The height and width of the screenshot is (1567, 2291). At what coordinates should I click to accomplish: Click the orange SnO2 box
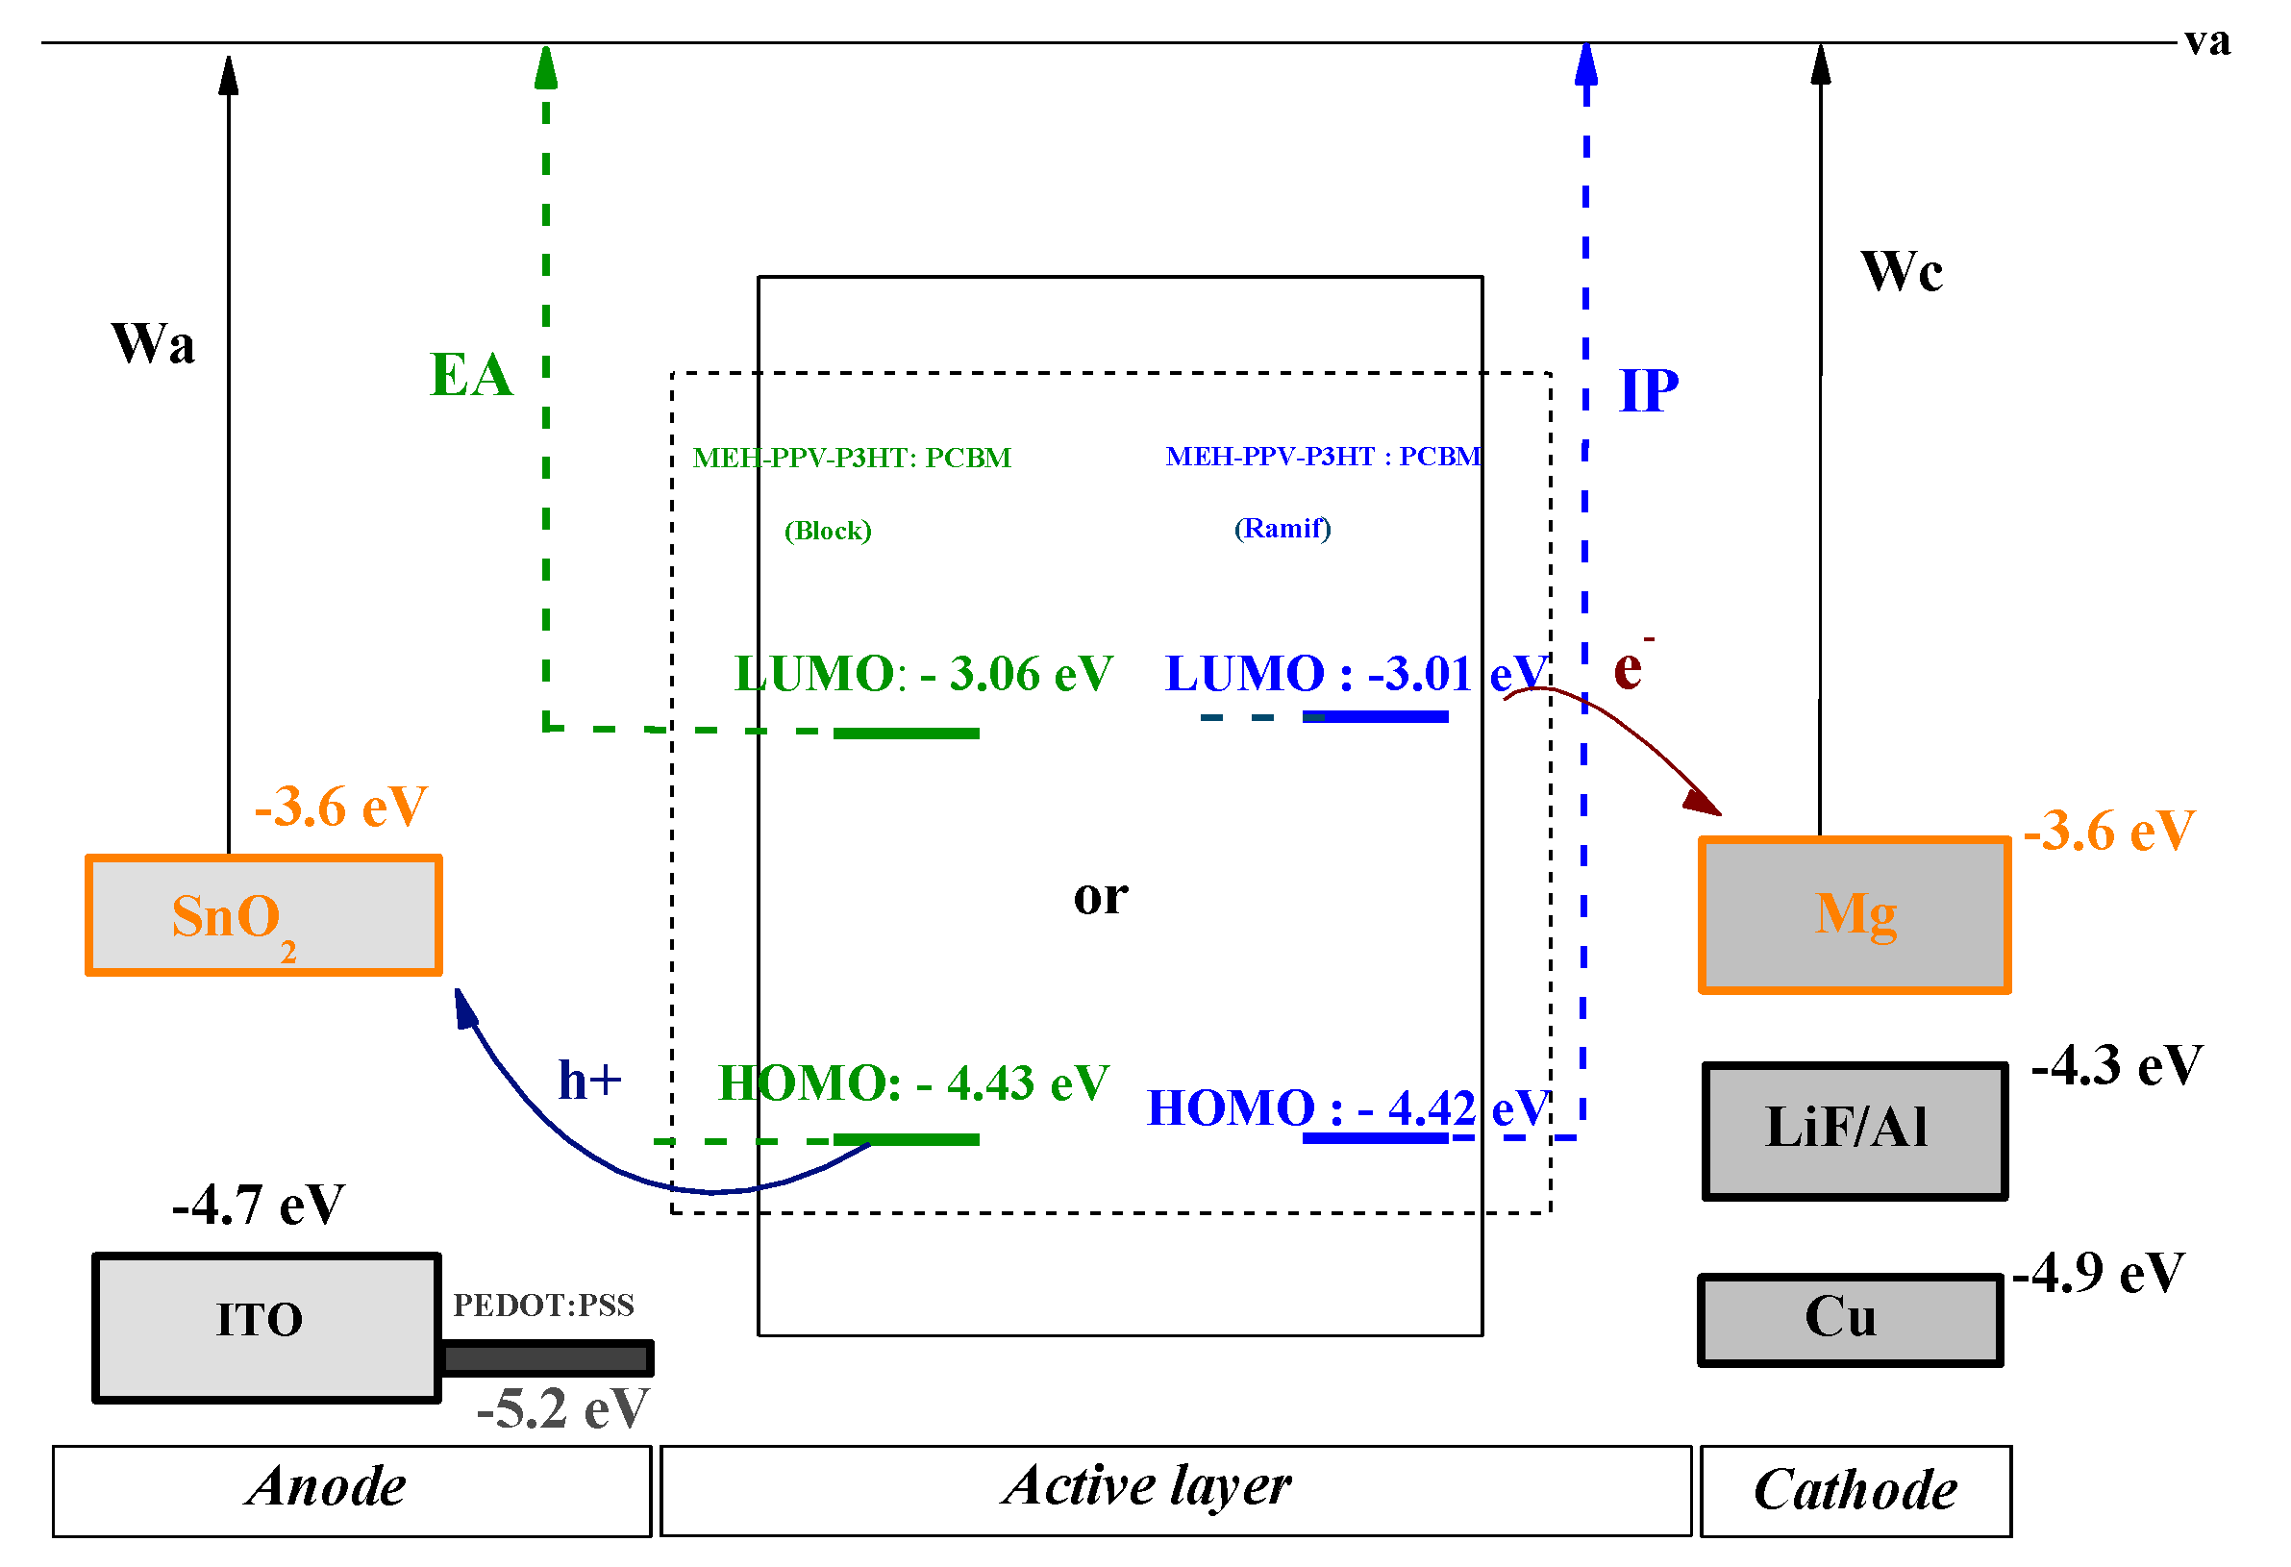pos(264,916)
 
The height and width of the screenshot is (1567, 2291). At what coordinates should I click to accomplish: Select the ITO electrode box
pos(267,1329)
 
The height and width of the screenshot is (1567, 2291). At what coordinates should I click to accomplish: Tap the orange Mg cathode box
pos(1856,915)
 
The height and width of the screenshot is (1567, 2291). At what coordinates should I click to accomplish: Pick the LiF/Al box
pos(1856,1132)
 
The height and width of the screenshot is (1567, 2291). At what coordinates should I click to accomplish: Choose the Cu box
pos(1852,1321)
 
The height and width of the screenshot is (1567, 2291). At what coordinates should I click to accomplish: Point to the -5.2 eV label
pos(564,1409)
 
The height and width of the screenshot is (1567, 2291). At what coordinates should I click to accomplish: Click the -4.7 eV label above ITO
pos(259,1206)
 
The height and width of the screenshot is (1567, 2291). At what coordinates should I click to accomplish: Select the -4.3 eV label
pos(2119,1066)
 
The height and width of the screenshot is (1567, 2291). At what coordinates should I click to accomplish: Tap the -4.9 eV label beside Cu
pos(2100,1274)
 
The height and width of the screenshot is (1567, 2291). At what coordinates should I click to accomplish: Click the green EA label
pos(472,376)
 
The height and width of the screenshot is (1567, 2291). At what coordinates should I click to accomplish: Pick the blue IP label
pos(1649,391)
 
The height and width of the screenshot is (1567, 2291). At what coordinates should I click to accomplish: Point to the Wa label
pos(153,344)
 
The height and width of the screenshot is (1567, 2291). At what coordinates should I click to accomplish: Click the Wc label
pos(1903,271)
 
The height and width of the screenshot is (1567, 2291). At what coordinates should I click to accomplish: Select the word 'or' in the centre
pos(1101,898)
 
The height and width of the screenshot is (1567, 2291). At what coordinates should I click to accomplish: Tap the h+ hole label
pos(590,1081)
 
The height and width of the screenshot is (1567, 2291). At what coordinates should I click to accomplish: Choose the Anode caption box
pos(352,1492)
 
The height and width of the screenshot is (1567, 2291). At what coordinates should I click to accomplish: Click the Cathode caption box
pos(1857,1492)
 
